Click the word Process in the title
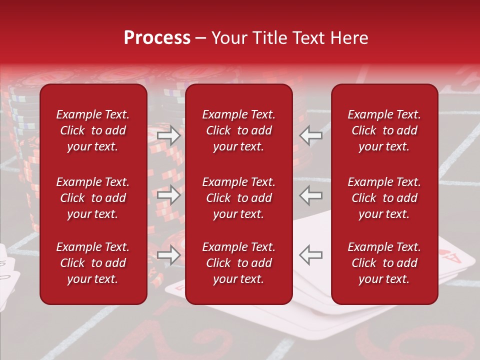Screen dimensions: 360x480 click(x=157, y=38)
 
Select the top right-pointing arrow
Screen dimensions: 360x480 click(x=168, y=136)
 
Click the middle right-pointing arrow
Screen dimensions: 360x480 click(x=168, y=195)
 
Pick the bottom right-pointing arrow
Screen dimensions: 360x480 click(x=168, y=255)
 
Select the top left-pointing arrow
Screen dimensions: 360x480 click(x=310, y=136)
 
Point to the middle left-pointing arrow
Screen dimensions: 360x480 click(x=310, y=195)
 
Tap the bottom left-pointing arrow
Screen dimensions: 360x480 click(x=310, y=255)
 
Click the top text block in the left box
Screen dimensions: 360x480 click(x=93, y=130)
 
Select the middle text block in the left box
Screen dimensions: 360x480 click(x=93, y=198)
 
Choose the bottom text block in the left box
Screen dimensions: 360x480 click(x=93, y=263)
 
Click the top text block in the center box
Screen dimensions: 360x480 click(x=239, y=130)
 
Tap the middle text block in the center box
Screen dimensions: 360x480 click(x=239, y=198)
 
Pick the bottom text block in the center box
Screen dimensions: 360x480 click(x=239, y=263)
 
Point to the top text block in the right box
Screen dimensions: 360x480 click(x=384, y=130)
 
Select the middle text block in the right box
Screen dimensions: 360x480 click(x=384, y=198)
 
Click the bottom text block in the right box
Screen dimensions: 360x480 click(x=384, y=263)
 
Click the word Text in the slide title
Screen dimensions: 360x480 click(x=309, y=38)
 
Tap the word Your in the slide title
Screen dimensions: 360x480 click(x=228, y=38)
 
